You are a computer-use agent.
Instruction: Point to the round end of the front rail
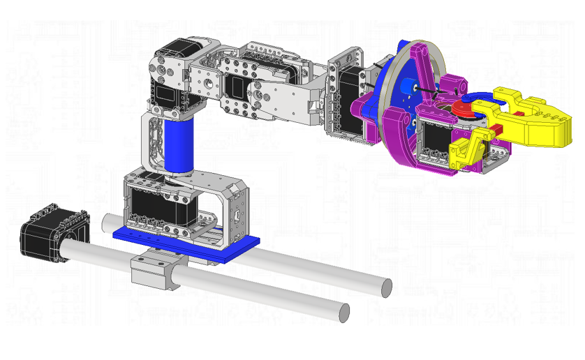tap(343, 313)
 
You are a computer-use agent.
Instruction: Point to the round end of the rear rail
tap(385, 287)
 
